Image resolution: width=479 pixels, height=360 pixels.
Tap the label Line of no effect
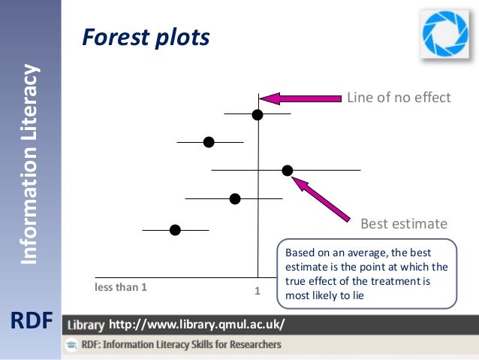tap(398, 98)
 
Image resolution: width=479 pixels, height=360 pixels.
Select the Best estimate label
tap(404, 224)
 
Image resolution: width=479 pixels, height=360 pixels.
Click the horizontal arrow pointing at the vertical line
tap(300, 98)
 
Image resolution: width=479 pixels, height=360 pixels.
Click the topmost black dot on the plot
tap(258, 114)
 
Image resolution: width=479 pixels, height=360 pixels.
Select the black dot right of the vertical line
tap(288, 171)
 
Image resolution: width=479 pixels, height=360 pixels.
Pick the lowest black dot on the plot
tap(175, 230)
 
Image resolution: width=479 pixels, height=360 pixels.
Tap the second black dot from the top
tap(209, 142)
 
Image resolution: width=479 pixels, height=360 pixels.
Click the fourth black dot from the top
tap(235, 198)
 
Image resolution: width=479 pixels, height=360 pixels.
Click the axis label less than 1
tap(121, 286)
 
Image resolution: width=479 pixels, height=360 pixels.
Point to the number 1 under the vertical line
tap(257, 290)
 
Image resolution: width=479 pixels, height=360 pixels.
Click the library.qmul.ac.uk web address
tap(197, 325)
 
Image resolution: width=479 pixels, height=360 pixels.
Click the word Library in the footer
tap(86, 325)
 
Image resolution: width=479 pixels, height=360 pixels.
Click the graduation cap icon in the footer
tap(72, 345)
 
